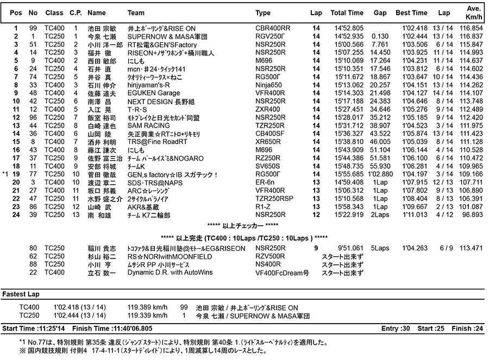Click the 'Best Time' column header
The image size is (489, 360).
tap(411, 12)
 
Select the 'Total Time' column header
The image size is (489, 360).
tap(347, 12)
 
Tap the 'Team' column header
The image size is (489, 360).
tap(136, 12)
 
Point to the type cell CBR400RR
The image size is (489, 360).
tap(273, 28)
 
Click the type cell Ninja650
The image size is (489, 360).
tap(268, 85)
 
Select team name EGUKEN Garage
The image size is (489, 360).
tap(153, 93)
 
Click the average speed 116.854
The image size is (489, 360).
tap(471, 28)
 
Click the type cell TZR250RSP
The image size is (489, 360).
tap(274, 199)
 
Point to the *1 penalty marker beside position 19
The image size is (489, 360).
tap(6, 175)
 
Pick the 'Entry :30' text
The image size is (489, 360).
tap(394, 329)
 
